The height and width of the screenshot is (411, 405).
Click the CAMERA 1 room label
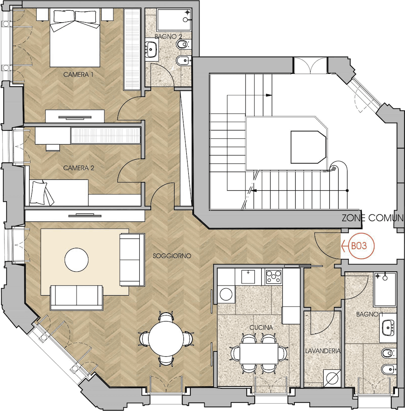tap(78, 75)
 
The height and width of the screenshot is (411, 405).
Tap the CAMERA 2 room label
tap(79, 168)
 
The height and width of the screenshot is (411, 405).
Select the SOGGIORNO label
tap(172, 256)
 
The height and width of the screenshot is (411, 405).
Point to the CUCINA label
tap(261, 328)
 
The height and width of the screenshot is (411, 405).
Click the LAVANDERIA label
tap(323, 351)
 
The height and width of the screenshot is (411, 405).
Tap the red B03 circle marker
tap(361, 246)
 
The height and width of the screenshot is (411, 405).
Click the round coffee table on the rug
tap(77, 260)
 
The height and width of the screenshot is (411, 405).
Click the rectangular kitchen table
tap(259, 354)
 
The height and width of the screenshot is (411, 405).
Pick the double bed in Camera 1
tap(75, 38)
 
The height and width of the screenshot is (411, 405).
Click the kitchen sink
tap(248, 277)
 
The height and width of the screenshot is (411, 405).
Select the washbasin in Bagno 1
tap(388, 328)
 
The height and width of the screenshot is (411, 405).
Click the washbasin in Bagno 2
tap(151, 49)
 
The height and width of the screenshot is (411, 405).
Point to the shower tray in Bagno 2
tap(174, 19)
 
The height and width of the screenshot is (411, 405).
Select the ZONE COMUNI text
tap(372, 218)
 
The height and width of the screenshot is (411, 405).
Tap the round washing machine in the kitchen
tap(226, 294)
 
